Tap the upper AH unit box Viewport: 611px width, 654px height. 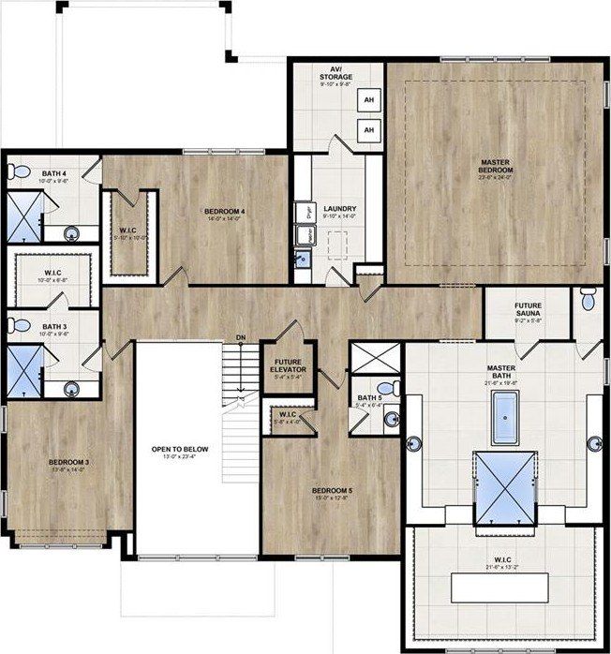point(369,101)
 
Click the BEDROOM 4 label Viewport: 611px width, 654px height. point(225,212)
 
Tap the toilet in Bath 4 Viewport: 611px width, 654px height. point(19,172)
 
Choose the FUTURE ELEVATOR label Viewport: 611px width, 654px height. point(289,363)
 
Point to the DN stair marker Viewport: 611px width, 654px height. point(241,336)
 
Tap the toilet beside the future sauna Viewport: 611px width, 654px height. point(587,300)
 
